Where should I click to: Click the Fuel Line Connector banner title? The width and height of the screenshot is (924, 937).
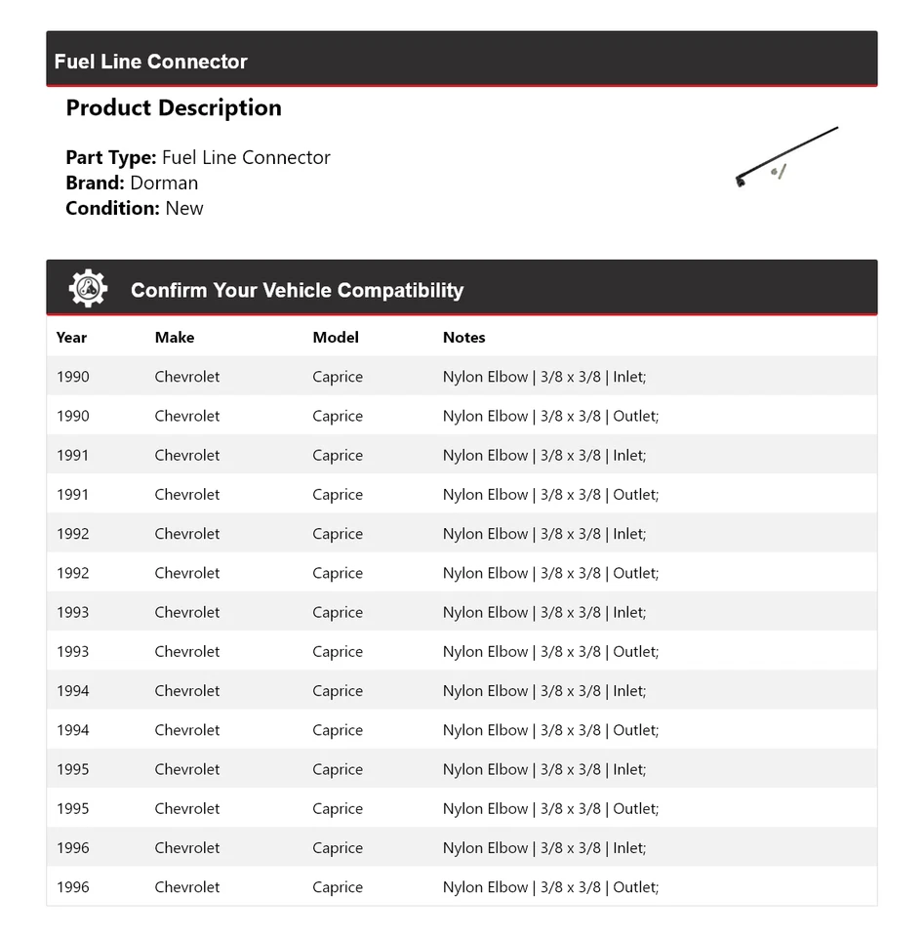point(151,61)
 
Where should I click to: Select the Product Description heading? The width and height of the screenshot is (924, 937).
point(174,108)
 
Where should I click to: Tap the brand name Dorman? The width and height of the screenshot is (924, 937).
point(164,183)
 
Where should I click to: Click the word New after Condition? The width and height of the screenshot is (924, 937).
point(184,208)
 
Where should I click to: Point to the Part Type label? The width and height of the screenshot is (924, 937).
point(110,157)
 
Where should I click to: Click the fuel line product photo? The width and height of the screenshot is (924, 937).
point(786,156)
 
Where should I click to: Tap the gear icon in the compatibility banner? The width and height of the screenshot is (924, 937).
point(88,289)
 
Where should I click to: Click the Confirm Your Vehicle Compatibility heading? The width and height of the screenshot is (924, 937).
point(297,290)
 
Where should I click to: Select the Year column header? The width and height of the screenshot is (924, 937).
point(71,338)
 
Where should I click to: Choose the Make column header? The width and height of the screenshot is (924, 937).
point(175,338)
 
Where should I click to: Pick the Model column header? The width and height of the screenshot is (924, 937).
point(336,338)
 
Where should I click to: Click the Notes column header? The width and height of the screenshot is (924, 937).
point(463,338)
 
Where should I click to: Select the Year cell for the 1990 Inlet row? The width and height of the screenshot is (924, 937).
point(72,377)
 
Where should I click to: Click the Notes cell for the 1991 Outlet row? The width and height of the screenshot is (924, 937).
point(550,495)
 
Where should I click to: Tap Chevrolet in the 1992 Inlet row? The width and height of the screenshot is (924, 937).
point(187,534)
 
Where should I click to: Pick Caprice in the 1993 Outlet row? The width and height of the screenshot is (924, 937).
point(338,652)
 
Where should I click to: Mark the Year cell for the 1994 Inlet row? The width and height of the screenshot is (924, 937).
point(72,691)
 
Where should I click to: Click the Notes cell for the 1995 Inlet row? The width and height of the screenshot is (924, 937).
point(544,769)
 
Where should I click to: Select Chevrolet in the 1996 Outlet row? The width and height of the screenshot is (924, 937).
point(187,887)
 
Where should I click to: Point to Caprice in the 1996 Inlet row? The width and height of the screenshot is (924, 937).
point(338,848)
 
